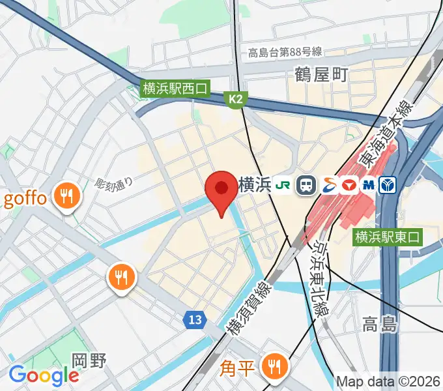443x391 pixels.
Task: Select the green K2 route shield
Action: point(235,99)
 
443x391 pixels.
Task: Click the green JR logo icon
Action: point(283,185)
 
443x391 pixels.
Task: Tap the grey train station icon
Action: point(305,185)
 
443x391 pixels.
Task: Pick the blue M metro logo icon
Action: point(369,185)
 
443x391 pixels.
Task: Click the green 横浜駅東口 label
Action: point(388,238)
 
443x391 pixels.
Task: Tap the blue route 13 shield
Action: point(195,319)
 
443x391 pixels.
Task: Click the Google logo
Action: point(44,375)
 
